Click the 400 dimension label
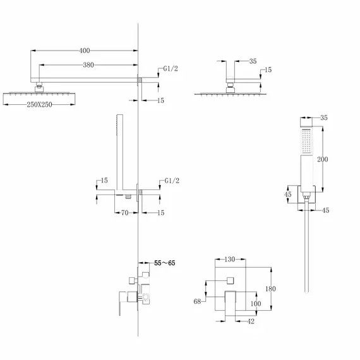point(85,51)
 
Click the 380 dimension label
point(88,65)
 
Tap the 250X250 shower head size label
point(40,105)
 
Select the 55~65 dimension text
point(165,263)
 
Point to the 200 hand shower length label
point(323,159)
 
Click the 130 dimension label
point(230,260)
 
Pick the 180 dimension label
point(270,289)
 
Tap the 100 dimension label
point(256,304)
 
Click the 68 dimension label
point(197,301)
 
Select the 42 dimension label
point(251,321)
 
